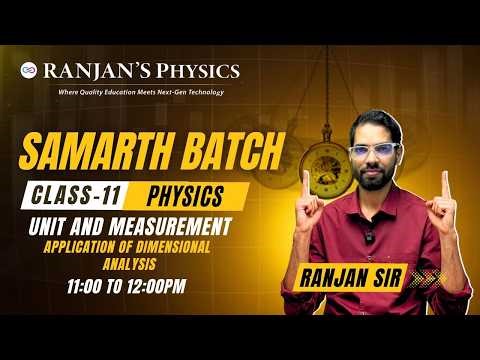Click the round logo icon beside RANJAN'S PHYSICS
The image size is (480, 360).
[29, 71]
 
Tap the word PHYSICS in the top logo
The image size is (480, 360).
[200, 71]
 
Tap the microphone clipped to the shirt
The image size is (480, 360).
[370, 237]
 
